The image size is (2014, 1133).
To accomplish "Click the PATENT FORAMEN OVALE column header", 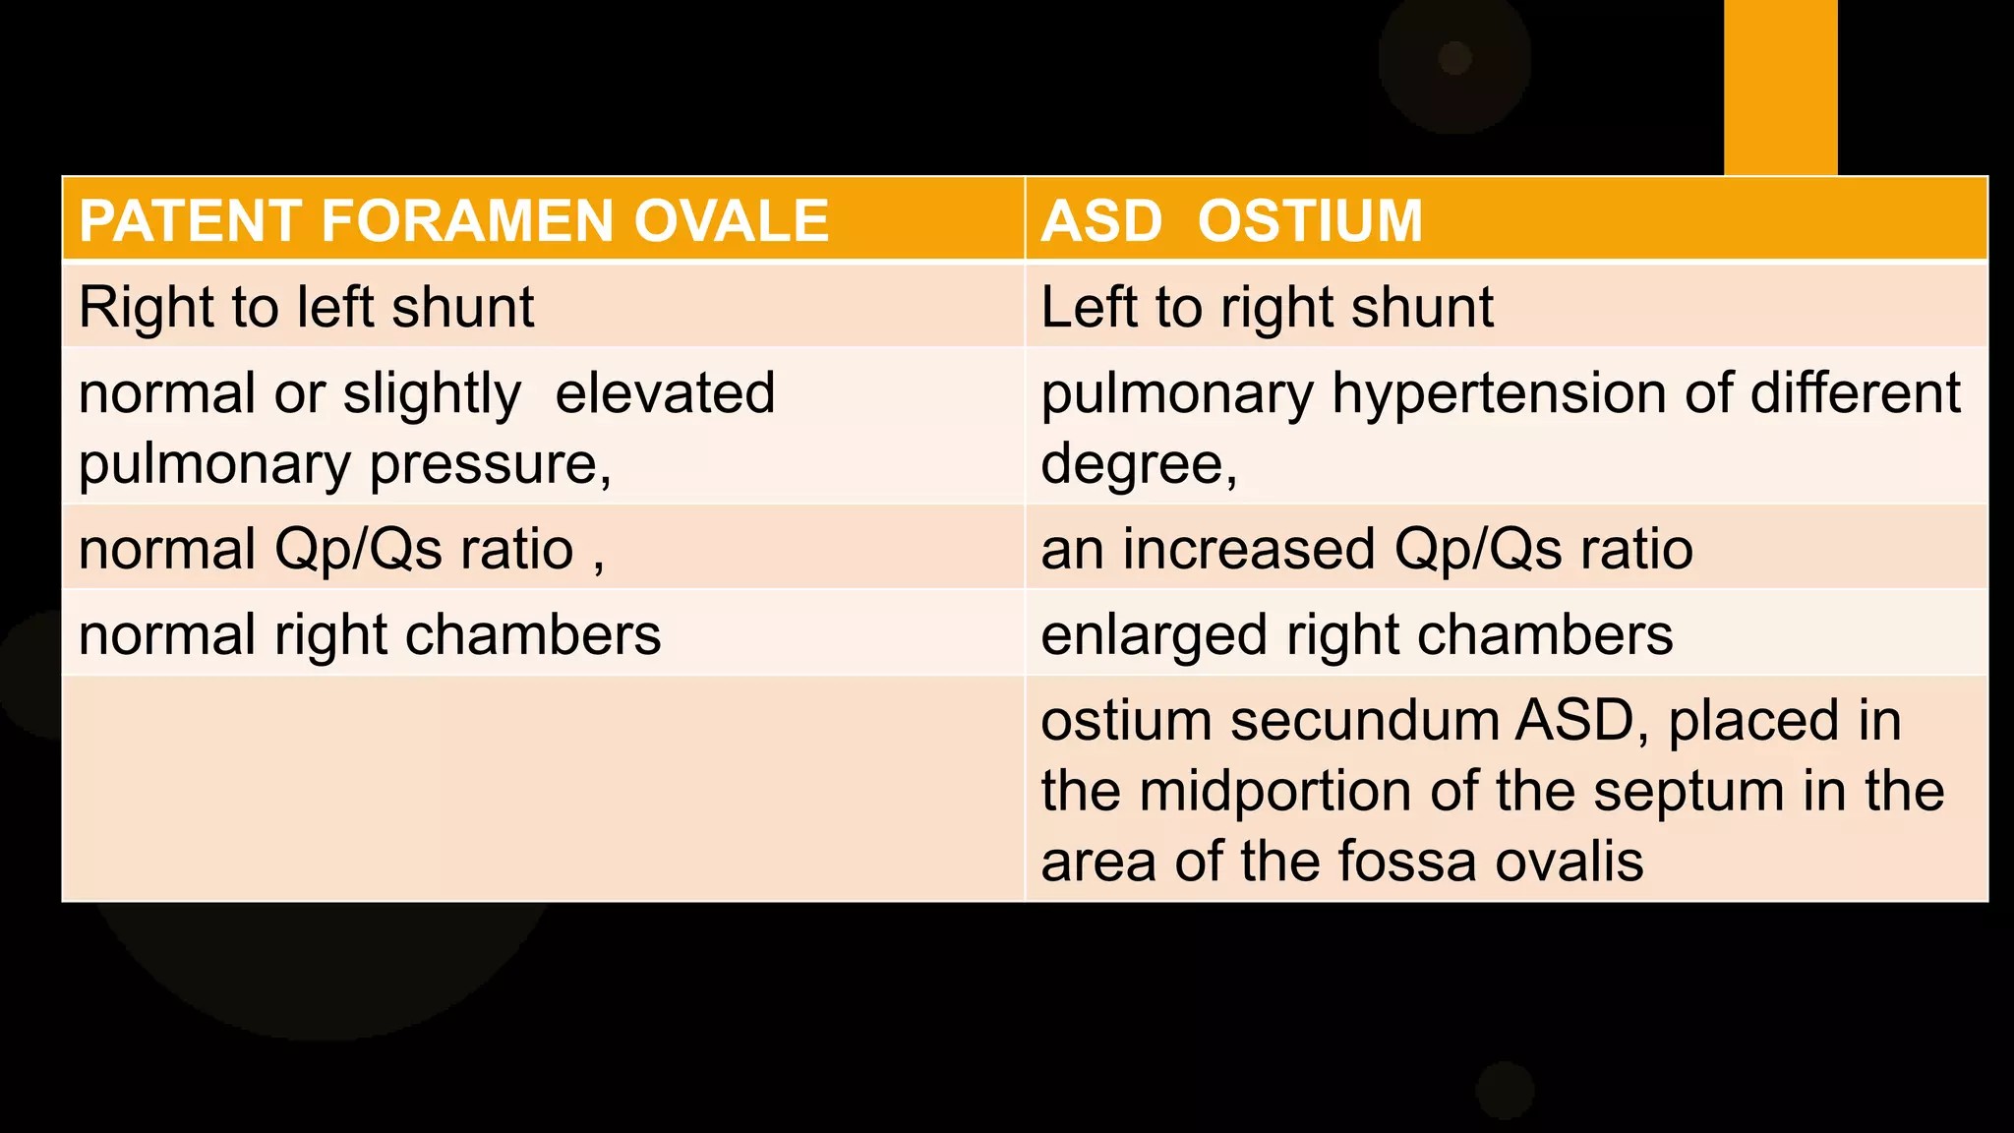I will [453, 220].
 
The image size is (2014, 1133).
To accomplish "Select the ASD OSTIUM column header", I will [1231, 220].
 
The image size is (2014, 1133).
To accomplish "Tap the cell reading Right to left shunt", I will [306, 307].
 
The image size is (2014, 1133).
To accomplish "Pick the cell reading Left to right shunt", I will [1267, 307].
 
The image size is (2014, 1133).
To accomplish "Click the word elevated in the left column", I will [665, 393].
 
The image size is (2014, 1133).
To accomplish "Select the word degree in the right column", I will [1132, 463].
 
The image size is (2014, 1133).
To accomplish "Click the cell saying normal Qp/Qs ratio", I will [340, 549].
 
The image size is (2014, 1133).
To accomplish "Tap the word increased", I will [1249, 549].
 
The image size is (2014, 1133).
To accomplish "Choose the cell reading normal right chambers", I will [370, 634].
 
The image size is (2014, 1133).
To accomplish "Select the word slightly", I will [432, 393].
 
